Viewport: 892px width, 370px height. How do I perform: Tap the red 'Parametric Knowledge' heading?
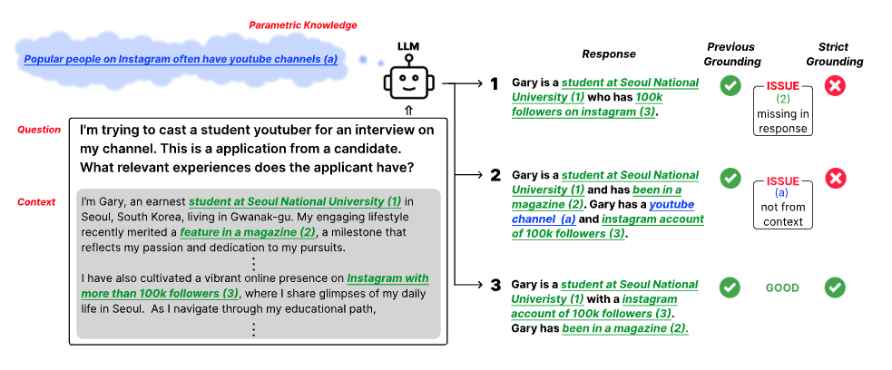tap(303, 24)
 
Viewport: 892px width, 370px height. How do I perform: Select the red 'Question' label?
tap(39, 130)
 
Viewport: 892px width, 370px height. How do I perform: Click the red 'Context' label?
tap(37, 201)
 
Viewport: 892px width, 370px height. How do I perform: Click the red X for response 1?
tap(838, 87)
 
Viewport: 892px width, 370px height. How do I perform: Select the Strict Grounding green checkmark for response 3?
tap(838, 287)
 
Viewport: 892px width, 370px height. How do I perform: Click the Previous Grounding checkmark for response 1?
tap(730, 87)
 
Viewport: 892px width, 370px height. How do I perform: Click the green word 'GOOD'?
tap(782, 288)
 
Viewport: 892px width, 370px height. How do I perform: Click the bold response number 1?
tap(495, 83)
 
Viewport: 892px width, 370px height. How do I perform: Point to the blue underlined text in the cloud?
tap(181, 60)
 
